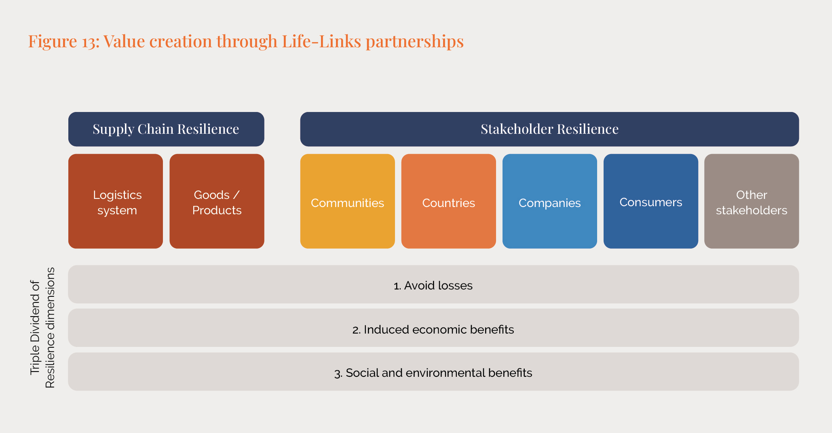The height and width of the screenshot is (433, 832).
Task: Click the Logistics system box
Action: tap(116, 201)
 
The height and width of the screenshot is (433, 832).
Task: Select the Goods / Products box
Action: tap(217, 201)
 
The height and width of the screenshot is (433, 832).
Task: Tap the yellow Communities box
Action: tap(347, 201)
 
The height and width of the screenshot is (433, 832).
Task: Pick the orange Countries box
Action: tap(448, 201)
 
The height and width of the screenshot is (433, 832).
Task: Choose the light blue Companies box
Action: tap(549, 201)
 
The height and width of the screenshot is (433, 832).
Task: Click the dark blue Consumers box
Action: tap(650, 201)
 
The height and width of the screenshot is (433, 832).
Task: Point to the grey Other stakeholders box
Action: tap(751, 201)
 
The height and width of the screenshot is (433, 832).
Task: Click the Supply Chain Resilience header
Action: tap(166, 129)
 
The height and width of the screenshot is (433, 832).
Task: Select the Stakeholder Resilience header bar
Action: tap(549, 129)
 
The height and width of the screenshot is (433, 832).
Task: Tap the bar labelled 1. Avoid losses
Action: tap(433, 285)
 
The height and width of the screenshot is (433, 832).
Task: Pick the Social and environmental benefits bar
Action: tap(433, 372)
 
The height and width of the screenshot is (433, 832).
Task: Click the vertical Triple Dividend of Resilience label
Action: tap(42, 328)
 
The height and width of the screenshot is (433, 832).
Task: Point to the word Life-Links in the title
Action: tap(321, 41)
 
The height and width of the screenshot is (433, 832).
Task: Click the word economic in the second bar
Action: tap(439, 330)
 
